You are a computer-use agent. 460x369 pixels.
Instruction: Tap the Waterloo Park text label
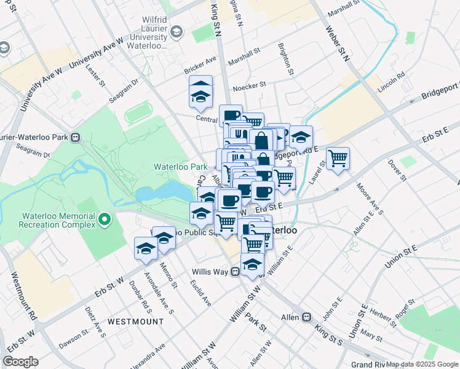pyautogui.click(x=180, y=167)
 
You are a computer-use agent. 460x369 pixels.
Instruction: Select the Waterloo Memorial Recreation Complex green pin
pyautogui.click(x=105, y=219)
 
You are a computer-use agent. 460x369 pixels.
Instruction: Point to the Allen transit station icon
pyautogui.click(x=306, y=317)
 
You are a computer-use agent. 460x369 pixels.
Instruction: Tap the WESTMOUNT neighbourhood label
pyautogui.click(x=135, y=322)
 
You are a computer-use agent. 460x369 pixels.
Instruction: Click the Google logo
pyautogui.click(x=20, y=362)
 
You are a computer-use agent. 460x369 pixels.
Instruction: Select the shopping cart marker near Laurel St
pyautogui.click(x=338, y=159)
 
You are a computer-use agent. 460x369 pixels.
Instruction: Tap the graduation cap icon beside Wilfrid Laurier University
pyautogui.click(x=176, y=31)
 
